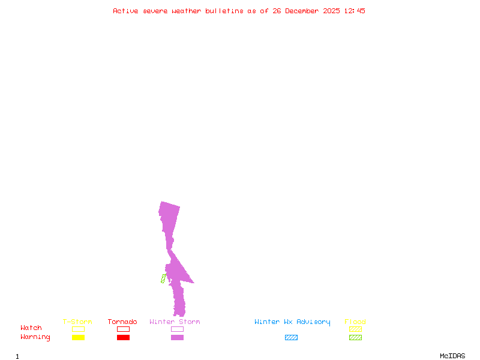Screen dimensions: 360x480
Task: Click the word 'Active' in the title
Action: [126, 11]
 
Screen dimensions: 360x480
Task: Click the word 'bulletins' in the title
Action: [224, 11]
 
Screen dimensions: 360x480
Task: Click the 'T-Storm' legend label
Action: [77, 322]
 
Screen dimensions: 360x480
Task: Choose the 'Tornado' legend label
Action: [122, 322]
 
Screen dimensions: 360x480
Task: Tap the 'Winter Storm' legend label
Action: [175, 322]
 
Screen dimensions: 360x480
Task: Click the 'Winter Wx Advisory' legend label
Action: [292, 322]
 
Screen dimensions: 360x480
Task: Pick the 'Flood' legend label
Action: [355, 322]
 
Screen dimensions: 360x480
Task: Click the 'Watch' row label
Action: [31, 328]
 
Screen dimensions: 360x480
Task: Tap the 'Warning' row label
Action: [35, 337]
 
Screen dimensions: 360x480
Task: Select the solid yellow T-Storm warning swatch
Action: [78, 338]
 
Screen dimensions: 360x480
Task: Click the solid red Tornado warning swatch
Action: [123, 338]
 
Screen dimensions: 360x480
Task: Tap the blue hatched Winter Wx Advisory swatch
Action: [291, 338]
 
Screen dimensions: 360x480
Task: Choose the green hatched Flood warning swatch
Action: [355, 338]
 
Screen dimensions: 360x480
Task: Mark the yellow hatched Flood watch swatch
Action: [355, 329]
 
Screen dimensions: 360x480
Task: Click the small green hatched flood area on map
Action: [163, 278]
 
